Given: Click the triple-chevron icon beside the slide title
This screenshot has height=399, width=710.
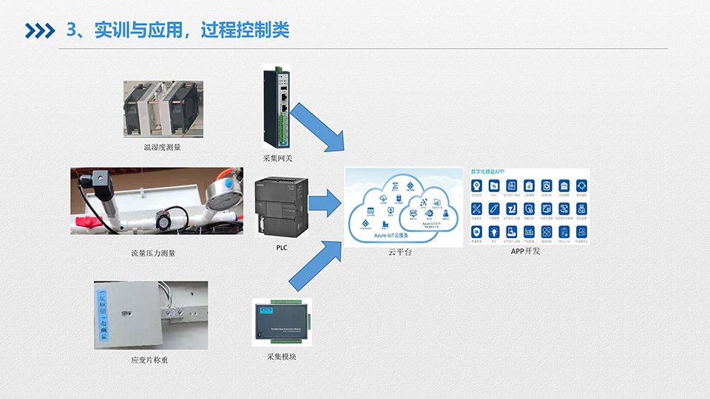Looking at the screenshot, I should point(40,30).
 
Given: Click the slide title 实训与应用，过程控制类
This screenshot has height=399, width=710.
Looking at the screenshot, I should point(177,30).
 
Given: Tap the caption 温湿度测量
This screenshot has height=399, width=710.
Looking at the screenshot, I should point(162,147).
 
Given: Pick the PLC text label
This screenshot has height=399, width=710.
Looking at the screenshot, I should point(281,248).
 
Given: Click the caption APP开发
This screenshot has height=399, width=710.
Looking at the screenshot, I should point(526,251).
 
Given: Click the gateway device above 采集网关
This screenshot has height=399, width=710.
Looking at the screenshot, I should point(277,107).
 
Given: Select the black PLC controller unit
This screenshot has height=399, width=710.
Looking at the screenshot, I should point(279,208).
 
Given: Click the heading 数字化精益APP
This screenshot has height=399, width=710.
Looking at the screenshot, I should point(487,171).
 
